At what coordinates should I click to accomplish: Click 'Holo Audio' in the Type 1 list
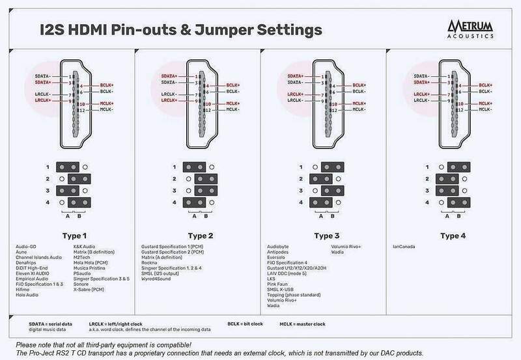[28, 294]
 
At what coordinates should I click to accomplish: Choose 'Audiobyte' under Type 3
[279, 247]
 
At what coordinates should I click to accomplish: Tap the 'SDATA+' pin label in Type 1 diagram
[42, 83]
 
